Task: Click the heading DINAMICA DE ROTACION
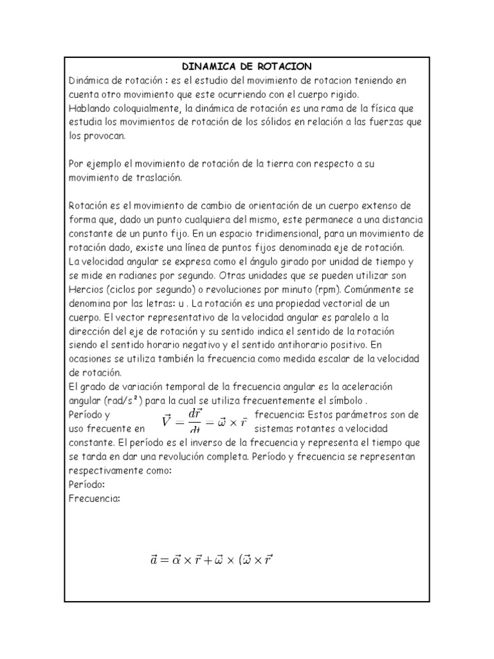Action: click(x=247, y=66)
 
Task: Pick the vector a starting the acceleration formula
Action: click(x=154, y=560)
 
